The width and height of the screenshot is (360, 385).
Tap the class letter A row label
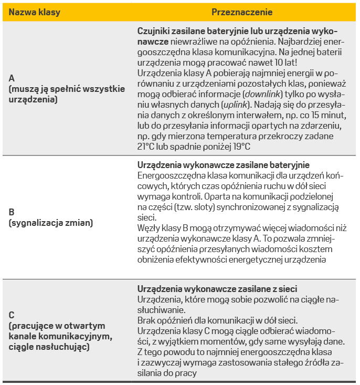[x=12, y=78]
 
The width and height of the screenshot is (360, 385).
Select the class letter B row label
[x=12, y=213]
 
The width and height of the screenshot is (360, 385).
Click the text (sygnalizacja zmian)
[x=50, y=223]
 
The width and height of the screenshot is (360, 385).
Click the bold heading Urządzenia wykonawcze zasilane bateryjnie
[x=223, y=165]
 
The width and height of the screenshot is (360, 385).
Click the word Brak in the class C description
[x=146, y=320]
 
